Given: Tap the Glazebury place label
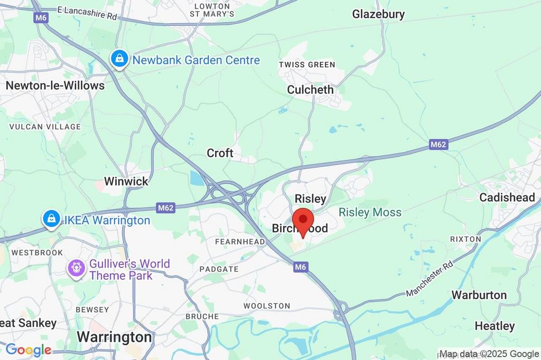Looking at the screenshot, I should click(378, 14).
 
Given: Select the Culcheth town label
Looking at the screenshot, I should click(310, 90).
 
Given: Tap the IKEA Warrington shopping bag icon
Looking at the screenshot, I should click(51, 219).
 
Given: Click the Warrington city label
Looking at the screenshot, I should click(114, 337).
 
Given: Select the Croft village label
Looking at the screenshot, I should click(220, 153).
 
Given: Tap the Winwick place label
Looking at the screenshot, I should click(126, 181).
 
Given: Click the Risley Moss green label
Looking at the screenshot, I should click(370, 212).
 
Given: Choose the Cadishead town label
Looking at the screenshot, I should click(507, 197).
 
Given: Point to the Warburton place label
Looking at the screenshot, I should click(479, 295).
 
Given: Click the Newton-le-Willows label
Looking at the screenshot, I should click(55, 85).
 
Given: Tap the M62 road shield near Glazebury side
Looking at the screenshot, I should click(439, 144).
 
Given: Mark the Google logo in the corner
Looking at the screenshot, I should click(28, 349).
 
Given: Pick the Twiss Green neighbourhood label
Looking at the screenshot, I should click(307, 65).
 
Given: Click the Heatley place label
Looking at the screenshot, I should click(494, 326).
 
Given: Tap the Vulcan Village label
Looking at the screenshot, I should click(45, 127).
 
